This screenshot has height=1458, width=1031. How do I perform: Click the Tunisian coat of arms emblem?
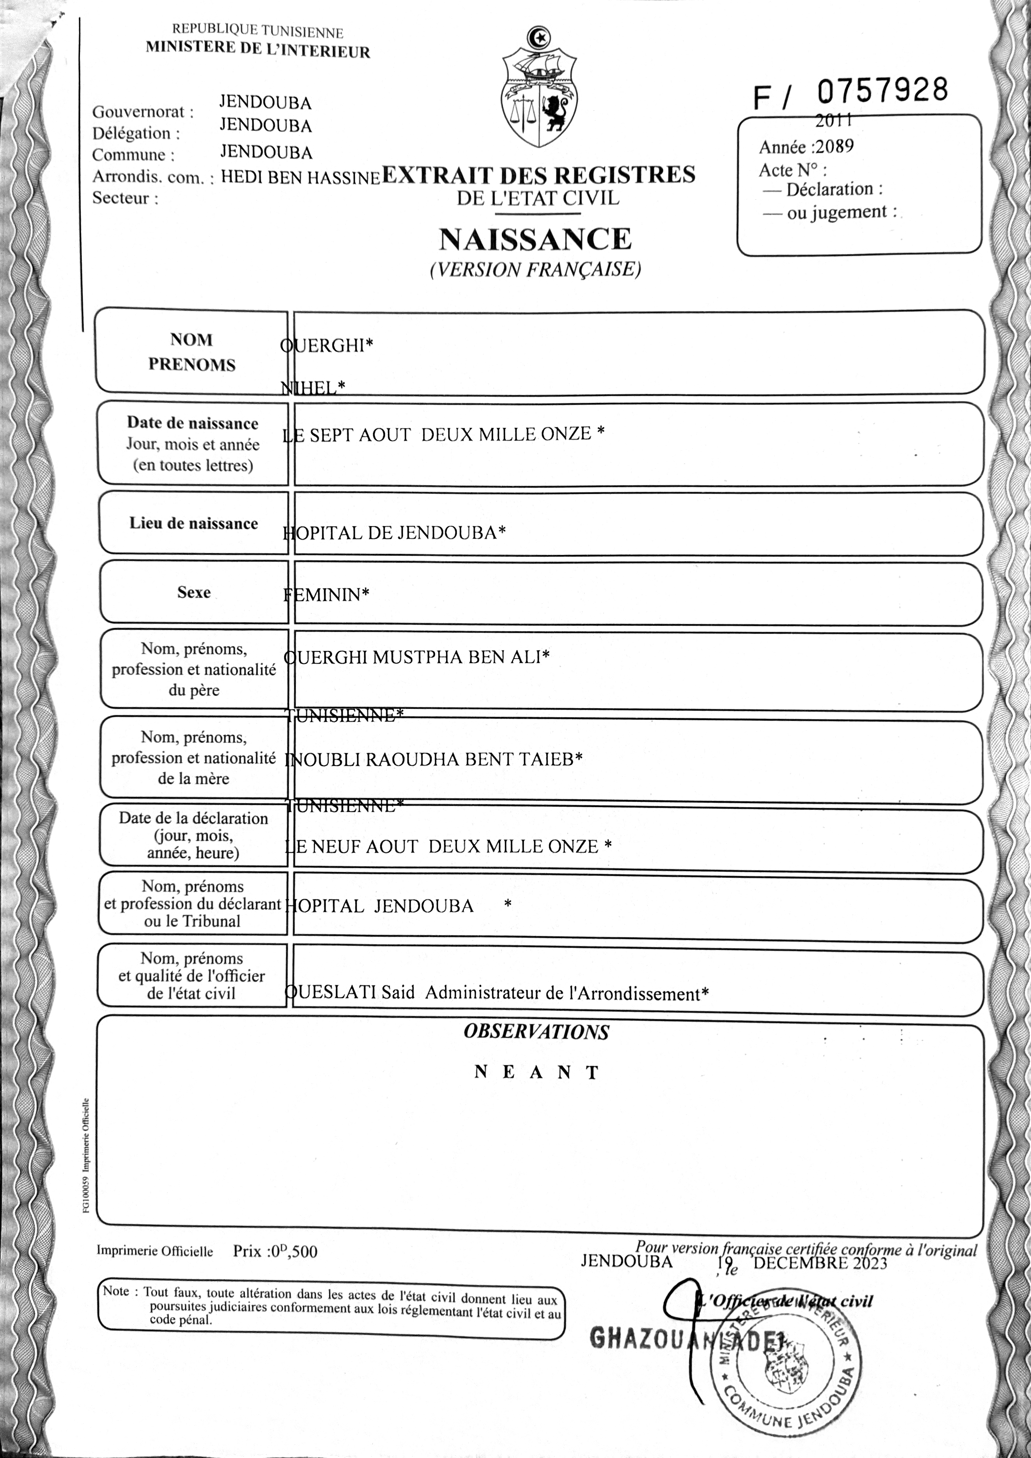539,88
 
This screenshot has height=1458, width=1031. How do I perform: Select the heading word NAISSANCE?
535,239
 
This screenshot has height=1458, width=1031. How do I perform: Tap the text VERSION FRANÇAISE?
535,270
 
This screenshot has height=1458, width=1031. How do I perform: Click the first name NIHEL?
313,387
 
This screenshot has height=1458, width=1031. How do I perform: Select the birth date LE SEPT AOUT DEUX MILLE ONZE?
443,434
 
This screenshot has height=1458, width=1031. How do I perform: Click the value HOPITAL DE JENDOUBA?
393,532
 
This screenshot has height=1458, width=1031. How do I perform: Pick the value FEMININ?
326,594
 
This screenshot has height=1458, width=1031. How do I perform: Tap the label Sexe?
194,592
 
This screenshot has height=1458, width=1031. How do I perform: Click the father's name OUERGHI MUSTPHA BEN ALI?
416,657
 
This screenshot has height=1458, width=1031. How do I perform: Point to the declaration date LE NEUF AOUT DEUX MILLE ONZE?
448,847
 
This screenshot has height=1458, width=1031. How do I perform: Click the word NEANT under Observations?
537,1073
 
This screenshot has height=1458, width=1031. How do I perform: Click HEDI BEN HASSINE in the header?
299,178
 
